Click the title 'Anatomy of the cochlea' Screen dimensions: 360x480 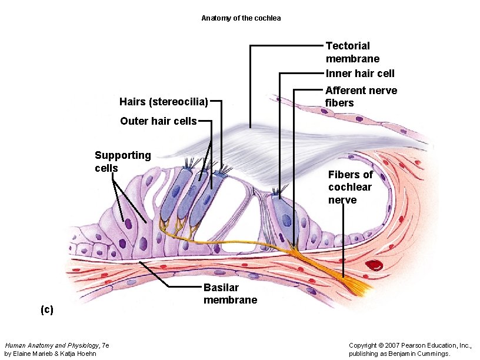pyautogui.click(x=241, y=18)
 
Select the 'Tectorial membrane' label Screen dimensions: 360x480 pyautogui.click(x=352, y=52)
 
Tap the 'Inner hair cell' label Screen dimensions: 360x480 pyautogui.click(x=360, y=74)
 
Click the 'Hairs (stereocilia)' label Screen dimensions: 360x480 pyautogui.click(x=164, y=102)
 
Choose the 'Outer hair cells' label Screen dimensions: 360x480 pyautogui.click(x=158, y=121)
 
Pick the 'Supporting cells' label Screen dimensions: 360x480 pyautogui.click(x=122, y=162)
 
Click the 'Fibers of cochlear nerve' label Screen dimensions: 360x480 pyautogui.click(x=350, y=187)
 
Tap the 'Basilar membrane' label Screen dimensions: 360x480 pyautogui.click(x=230, y=294)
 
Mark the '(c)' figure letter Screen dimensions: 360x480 pyautogui.click(x=46, y=309)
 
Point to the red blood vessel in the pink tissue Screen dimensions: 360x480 pyautogui.click(x=374, y=265)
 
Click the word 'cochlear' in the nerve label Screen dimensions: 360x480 pyautogui.click(x=350, y=187)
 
